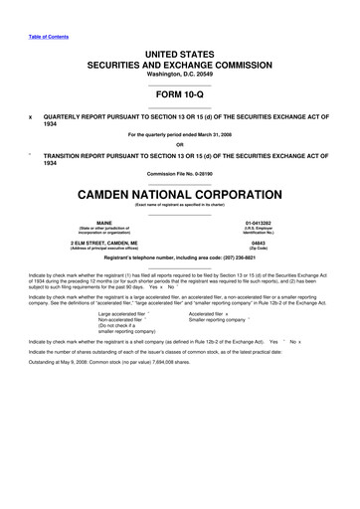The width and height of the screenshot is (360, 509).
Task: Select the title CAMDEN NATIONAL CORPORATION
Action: click(180, 191)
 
